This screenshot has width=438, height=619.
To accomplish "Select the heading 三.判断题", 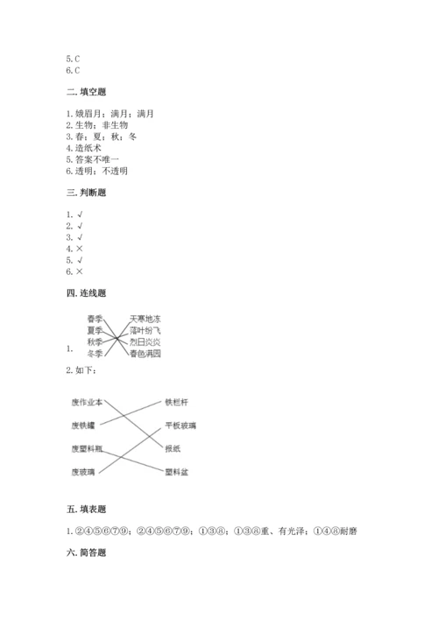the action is click(85, 193).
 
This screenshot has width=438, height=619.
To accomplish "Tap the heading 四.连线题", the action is click(85, 292).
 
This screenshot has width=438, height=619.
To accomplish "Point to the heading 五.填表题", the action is click(85, 508).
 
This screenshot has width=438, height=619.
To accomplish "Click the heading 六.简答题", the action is click(85, 553).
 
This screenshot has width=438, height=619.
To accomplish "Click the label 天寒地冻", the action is click(145, 319).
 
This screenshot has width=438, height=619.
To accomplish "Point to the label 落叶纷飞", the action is click(145, 331).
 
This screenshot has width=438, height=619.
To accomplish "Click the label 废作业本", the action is click(87, 402).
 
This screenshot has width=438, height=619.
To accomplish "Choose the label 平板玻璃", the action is click(180, 425).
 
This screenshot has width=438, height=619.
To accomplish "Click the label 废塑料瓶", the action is click(87, 448).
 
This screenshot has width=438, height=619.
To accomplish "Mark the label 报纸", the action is click(173, 448).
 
